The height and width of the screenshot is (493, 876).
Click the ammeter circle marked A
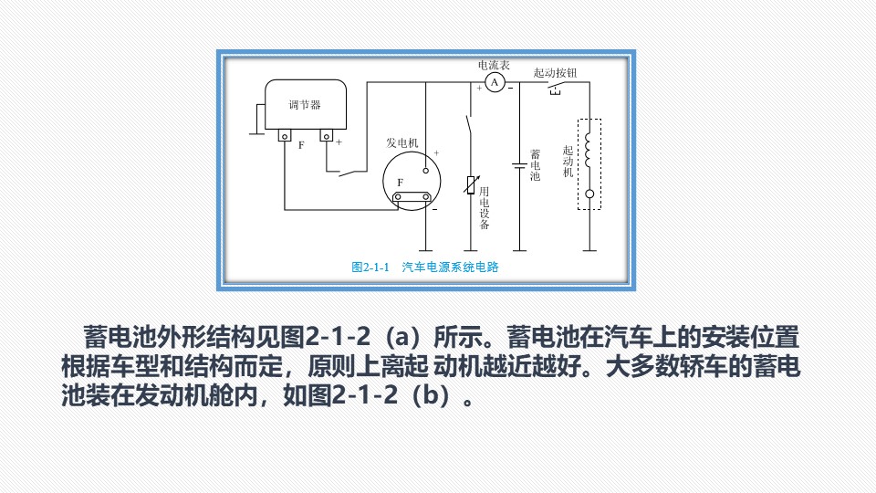click(x=495, y=83)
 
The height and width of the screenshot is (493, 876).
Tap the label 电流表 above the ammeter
click(x=494, y=65)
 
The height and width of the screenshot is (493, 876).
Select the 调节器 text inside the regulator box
click(x=305, y=104)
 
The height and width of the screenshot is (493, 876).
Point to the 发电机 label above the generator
click(x=402, y=142)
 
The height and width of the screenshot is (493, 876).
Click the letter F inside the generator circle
click(x=400, y=183)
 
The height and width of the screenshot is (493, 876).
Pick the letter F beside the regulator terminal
click(x=301, y=145)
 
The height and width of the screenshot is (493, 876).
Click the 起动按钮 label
click(x=555, y=73)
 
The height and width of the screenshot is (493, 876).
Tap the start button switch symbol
click(x=555, y=88)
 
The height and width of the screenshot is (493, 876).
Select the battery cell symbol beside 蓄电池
click(x=519, y=165)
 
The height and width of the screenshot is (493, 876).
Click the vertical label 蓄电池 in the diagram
click(x=536, y=165)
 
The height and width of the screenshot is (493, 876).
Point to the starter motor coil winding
click(x=588, y=149)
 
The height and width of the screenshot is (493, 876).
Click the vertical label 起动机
click(x=568, y=161)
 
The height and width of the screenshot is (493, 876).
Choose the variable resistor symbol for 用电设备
click(x=471, y=185)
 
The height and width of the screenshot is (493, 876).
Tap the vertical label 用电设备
click(x=485, y=208)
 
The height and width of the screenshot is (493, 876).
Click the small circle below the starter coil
click(x=589, y=194)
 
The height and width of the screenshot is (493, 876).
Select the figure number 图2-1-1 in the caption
click(x=370, y=267)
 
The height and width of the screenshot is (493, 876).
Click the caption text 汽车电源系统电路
click(x=450, y=267)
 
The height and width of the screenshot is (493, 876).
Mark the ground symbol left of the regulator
click(x=257, y=121)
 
